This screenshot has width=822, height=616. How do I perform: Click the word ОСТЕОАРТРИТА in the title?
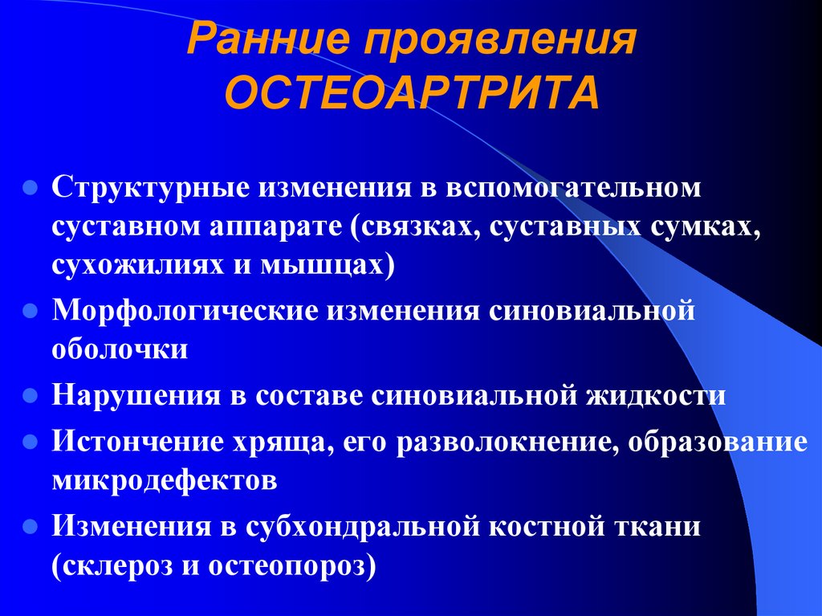(411, 95)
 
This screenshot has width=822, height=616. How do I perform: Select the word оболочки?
(121, 349)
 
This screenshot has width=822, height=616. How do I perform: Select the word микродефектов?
(165, 480)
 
